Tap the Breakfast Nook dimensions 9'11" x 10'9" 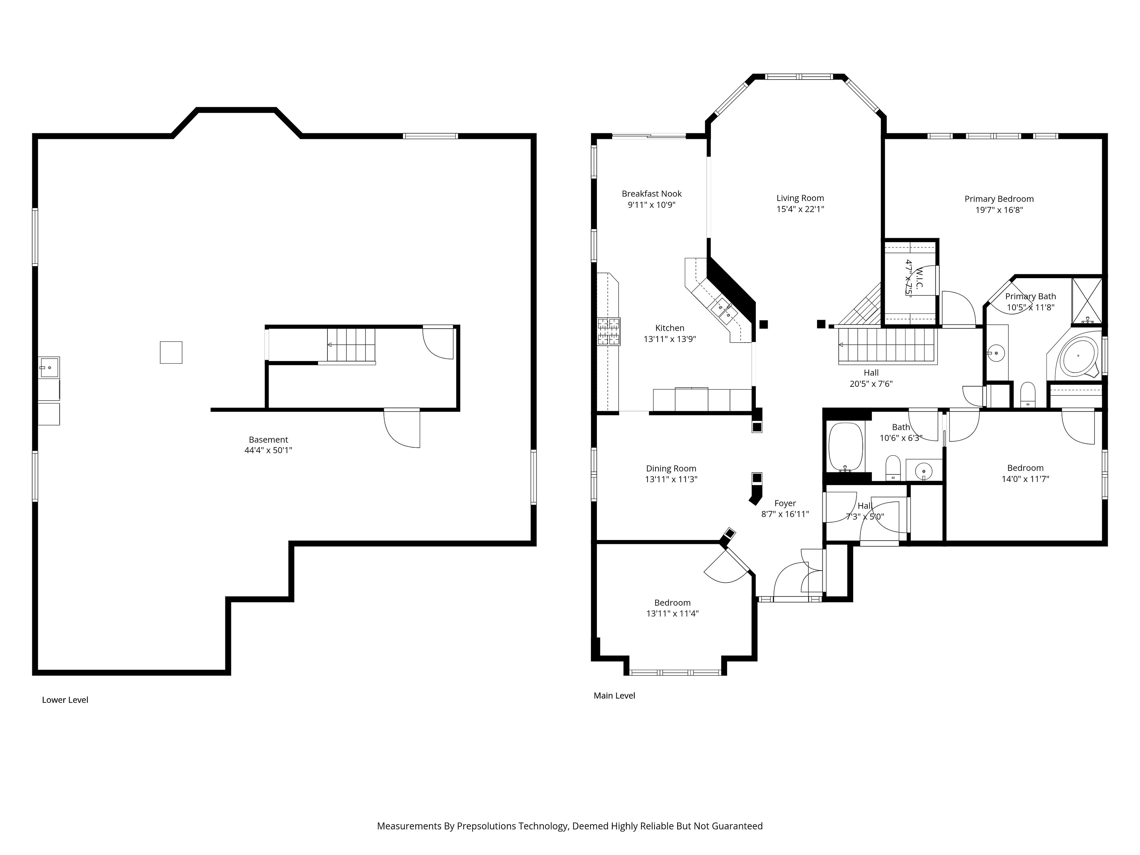tap(651, 205)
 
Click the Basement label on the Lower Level tap(268, 440)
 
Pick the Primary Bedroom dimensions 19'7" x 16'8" tap(999, 210)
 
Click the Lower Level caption tap(65, 700)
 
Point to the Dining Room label tap(671, 468)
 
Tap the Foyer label tap(785, 503)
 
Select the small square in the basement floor tap(171, 352)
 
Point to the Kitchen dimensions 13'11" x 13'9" tap(669, 339)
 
